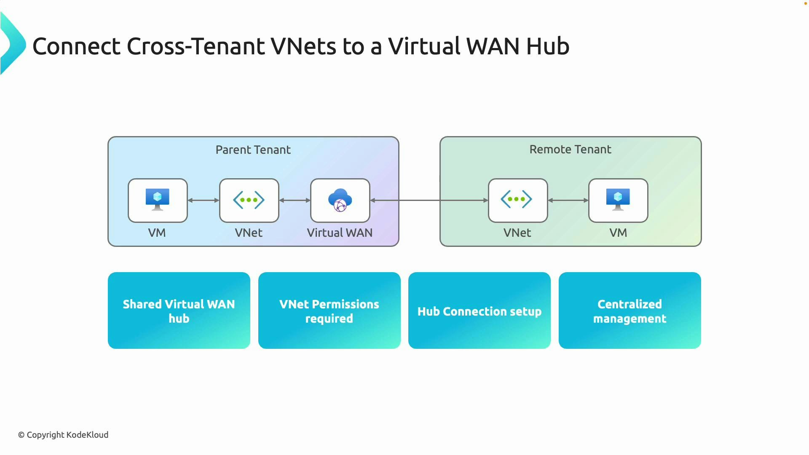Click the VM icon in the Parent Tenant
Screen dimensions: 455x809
tap(158, 200)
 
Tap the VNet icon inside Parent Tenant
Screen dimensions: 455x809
tap(249, 200)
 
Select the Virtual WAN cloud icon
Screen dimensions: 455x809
tap(340, 200)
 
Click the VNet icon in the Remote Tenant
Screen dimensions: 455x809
tap(517, 200)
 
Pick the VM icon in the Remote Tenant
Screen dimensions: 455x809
tap(618, 200)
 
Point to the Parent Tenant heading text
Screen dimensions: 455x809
tap(253, 150)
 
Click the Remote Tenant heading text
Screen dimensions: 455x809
tap(570, 150)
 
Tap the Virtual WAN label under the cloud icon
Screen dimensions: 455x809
tap(340, 233)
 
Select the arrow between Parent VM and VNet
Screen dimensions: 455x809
tap(204, 201)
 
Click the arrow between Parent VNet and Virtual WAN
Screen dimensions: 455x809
tap(295, 201)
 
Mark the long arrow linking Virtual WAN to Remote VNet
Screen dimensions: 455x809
tap(429, 201)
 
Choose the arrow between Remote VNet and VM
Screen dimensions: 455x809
tap(568, 201)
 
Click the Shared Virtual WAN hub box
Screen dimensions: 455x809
tap(179, 310)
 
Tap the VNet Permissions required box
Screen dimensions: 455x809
tap(329, 310)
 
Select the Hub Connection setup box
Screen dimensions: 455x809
tap(480, 310)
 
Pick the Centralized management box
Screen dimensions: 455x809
tap(630, 310)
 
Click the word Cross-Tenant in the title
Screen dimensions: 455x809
tap(196, 46)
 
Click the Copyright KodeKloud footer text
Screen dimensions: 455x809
tap(63, 435)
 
